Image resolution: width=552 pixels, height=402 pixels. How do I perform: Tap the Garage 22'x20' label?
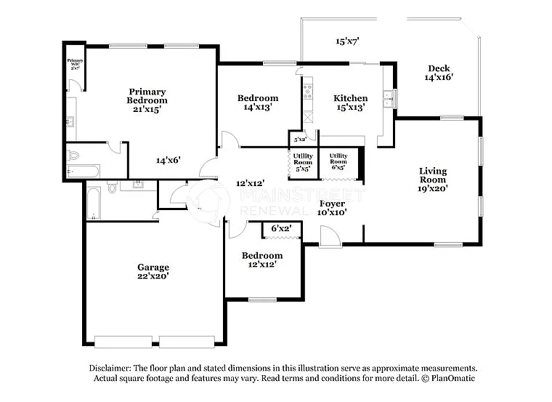point(153,271)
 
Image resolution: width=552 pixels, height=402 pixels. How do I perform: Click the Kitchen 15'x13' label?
point(350,102)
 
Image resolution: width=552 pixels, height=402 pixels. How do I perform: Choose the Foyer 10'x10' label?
point(331,208)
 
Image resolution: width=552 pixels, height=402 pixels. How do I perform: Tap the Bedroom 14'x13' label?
point(258,102)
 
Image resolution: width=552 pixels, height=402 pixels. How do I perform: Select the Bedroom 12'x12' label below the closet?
point(262,260)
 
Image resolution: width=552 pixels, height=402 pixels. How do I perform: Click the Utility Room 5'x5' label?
point(303,161)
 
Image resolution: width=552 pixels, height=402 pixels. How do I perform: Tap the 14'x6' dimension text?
point(168,160)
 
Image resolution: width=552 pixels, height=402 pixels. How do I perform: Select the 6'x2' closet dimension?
point(281,228)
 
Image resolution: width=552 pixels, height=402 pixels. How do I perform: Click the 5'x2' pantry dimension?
point(299,139)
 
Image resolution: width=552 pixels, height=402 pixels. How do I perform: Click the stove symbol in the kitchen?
point(308,92)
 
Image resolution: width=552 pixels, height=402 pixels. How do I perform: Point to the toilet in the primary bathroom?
point(73,155)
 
